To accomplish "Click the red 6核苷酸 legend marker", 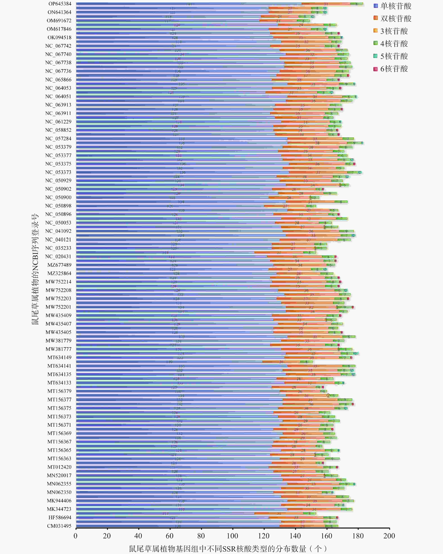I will (375, 69).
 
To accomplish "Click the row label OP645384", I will (60, 4).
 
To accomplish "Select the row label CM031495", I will (59, 526).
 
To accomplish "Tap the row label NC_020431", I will (58, 256).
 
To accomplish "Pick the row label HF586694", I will (60, 518).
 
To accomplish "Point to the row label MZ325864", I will (59, 273).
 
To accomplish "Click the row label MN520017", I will (59, 475).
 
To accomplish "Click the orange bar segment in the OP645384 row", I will (326, 4).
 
